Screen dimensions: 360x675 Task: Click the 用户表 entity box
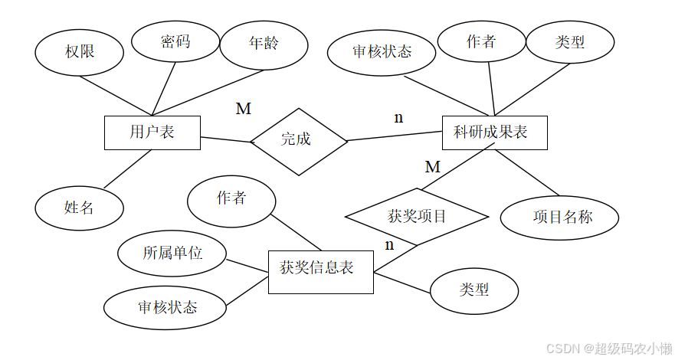152,133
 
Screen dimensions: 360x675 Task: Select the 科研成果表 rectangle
490,133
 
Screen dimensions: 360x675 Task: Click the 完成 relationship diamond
298,140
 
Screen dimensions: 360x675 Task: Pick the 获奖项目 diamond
417,217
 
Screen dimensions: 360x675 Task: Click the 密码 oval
175,41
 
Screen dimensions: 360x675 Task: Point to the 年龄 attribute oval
264,42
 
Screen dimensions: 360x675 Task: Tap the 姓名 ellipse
79,207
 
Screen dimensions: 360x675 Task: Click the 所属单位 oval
172,254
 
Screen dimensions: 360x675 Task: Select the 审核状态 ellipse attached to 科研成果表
382,51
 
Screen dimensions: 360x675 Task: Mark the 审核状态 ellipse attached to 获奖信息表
166,307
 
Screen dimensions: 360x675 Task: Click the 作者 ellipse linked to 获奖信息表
231,199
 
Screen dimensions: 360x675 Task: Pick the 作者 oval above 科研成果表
481,42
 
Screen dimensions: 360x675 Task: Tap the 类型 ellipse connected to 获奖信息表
474,290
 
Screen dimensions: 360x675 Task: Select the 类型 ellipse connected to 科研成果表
570,42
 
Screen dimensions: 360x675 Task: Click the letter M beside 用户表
243,109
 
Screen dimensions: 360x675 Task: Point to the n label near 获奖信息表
389,245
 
